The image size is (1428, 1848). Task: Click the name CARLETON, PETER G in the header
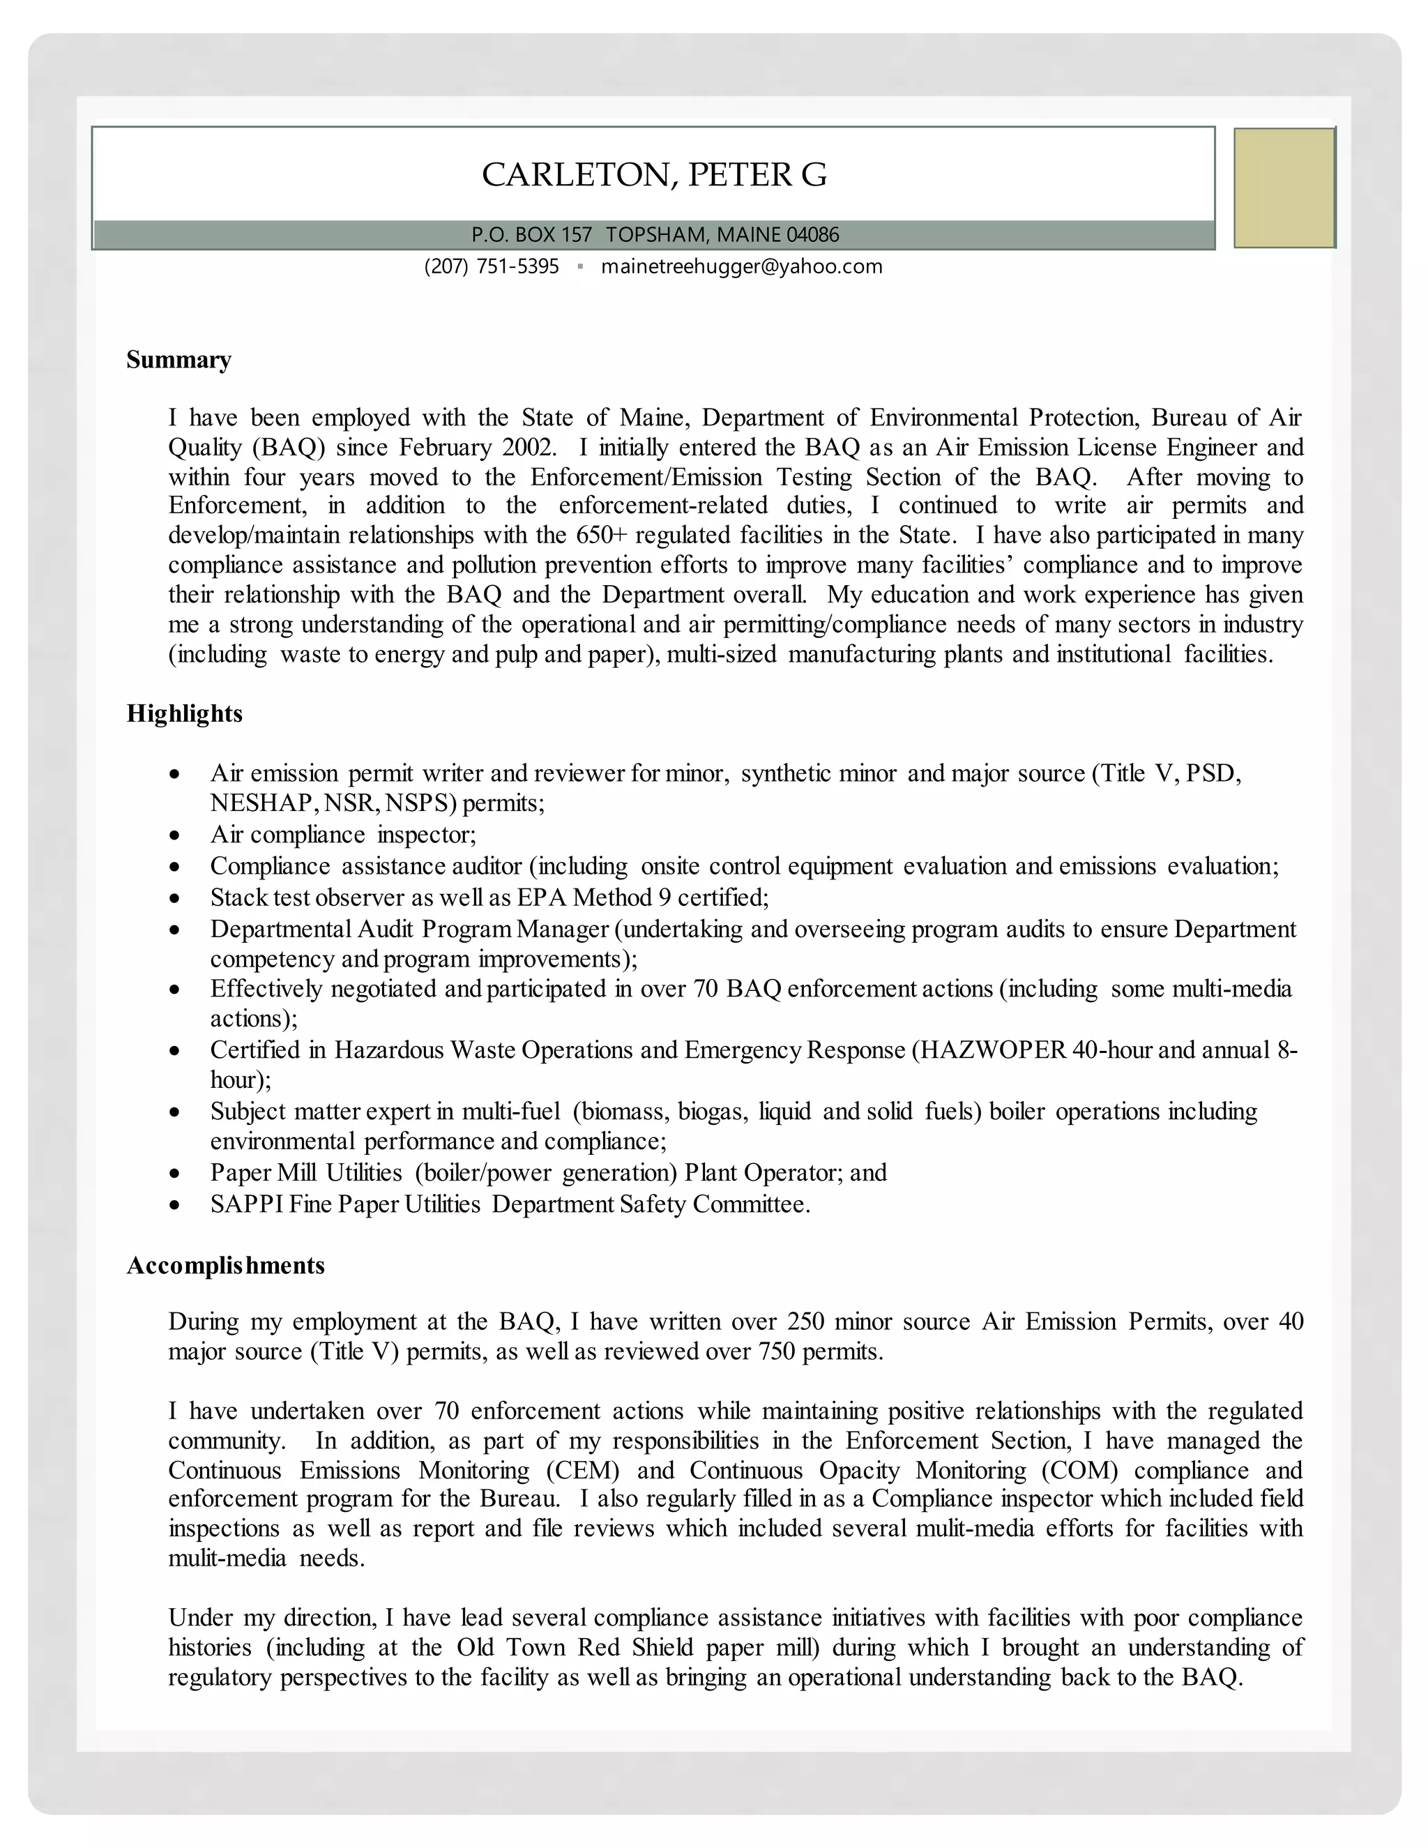point(654,174)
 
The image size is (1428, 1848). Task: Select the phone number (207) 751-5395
point(492,266)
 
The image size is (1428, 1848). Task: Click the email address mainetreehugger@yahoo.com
point(741,266)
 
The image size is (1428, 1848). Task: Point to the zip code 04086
point(812,234)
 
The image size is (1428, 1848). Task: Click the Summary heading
point(178,360)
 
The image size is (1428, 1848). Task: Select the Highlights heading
point(184,713)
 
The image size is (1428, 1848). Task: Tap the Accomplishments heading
point(225,1265)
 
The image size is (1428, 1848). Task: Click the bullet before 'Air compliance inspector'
point(174,835)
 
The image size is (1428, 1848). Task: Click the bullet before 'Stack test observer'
point(174,898)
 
